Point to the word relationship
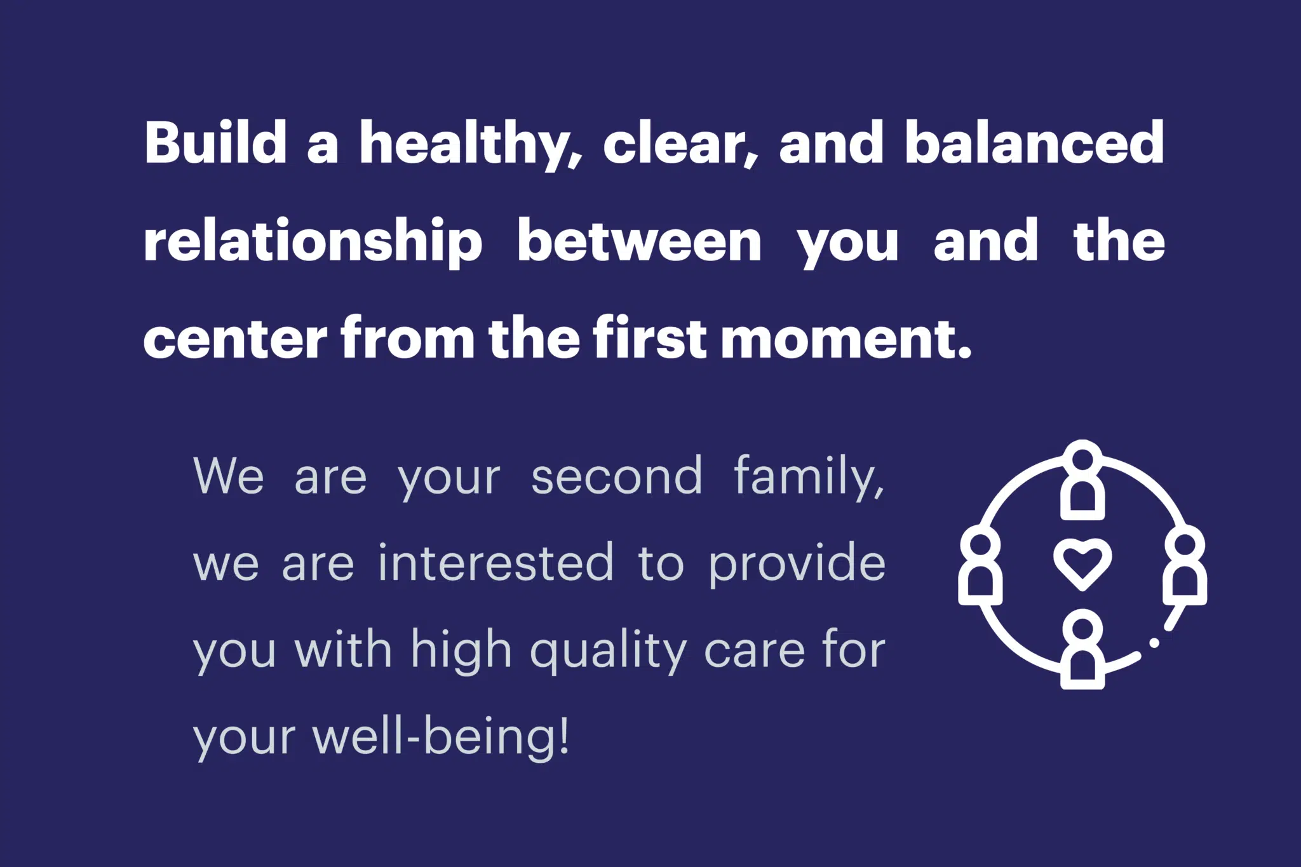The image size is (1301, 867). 313,242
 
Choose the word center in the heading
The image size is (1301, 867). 235,340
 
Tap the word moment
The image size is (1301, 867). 847,340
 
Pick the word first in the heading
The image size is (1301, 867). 650,337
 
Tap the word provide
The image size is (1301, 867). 797,565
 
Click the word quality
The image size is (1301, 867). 609,652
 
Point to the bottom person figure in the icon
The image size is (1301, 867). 1082,649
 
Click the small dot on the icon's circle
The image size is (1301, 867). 1154,643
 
